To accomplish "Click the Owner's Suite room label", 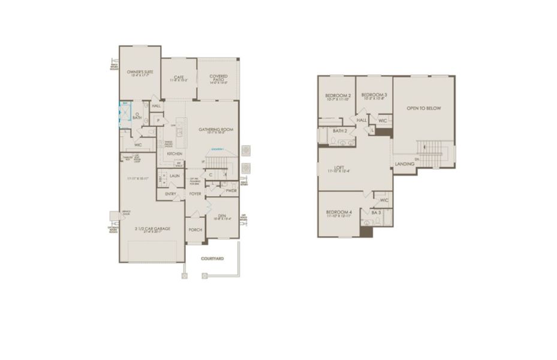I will [140, 71].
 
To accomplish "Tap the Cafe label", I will [178, 77].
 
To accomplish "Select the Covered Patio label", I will [218, 76].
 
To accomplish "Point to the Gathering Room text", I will [215, 129].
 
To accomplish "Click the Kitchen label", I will [174, 154].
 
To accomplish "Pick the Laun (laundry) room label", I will [174, 176].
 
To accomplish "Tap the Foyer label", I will [195, 194].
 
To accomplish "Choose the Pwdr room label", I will [231, 191].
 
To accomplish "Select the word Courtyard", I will [212, 259].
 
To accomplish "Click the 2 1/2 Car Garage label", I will [153, 229].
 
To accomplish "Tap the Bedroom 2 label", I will [338, 95].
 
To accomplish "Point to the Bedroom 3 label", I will [374, 95].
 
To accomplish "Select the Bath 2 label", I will [340, 131].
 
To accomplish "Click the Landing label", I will [404, 163].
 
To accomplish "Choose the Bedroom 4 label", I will [339, 212].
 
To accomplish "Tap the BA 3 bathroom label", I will [377, 212].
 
